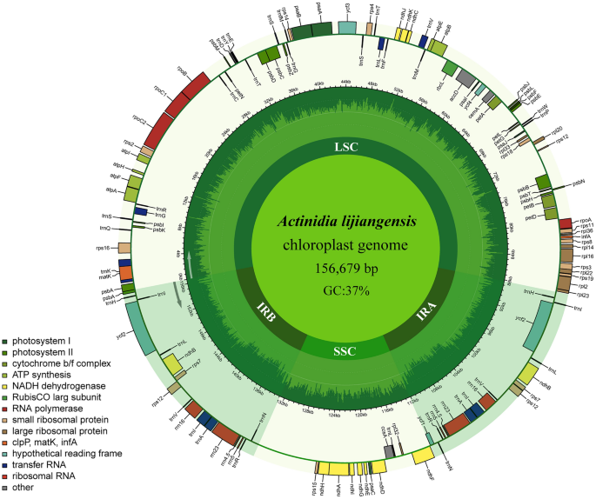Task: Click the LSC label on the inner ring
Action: point(346,147)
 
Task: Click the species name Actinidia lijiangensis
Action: point(347,222)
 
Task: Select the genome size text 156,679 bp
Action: point(347,268)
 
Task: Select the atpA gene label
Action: point(111,189)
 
